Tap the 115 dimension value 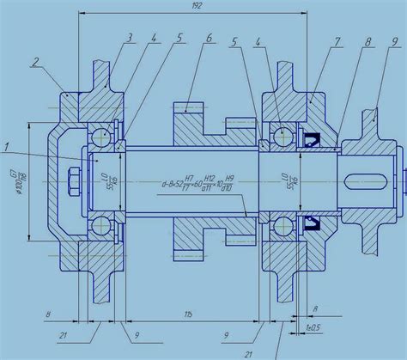[x=188, y=316]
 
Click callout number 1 [x=6, y=148]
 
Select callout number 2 [x=35, y=62]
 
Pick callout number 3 [x=128, y=38]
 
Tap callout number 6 [x=208, y=39]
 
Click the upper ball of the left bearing [x=103, y=135]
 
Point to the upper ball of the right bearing [x=282, y=135]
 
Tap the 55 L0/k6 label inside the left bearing [x=105, y=182]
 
